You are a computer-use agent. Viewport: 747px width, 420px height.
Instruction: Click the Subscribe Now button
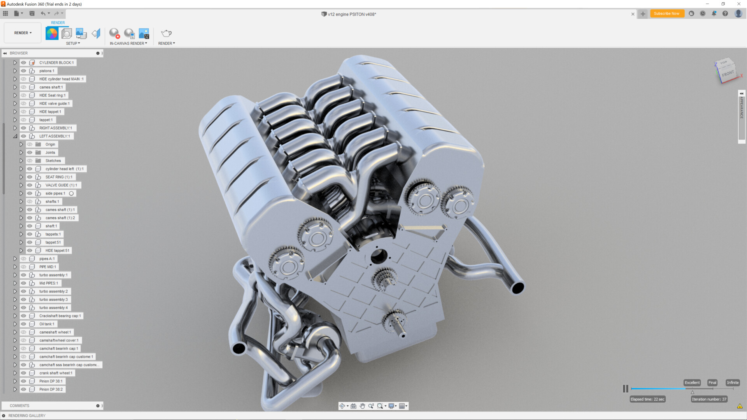(666, 14)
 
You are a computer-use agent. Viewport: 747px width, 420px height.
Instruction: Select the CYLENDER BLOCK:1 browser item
(56, 63)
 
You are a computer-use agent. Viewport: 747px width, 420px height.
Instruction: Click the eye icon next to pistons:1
(24, 71)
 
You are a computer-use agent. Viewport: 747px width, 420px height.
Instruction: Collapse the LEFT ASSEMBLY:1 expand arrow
(15, 136)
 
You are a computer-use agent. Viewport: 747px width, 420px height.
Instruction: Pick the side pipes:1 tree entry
(55, 193)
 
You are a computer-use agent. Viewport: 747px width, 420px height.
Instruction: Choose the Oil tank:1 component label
(47, 324)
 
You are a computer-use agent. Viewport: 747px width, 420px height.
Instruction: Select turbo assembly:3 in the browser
(53, 299)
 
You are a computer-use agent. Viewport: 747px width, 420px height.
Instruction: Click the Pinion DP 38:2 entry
(51, 389)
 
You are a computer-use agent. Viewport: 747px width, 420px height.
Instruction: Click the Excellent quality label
(692, 383)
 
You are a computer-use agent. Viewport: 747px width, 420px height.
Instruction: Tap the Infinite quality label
(732, 383)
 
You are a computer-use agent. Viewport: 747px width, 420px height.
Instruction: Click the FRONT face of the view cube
(728, 74)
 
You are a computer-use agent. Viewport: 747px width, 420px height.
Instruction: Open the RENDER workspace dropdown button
(23, 33)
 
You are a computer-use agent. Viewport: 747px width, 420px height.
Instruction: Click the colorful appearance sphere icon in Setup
(52, 33)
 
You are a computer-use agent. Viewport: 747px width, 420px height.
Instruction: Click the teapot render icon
(166, 33)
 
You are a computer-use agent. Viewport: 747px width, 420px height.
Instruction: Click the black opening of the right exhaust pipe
(517, 288)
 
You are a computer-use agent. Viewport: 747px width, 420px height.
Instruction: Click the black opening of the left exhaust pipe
(238, 348)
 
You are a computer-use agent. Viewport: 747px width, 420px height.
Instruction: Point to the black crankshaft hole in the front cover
(378, 257)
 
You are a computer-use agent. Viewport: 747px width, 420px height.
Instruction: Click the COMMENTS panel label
(19, 406)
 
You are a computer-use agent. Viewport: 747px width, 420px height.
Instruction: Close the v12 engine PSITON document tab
(633, 14)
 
